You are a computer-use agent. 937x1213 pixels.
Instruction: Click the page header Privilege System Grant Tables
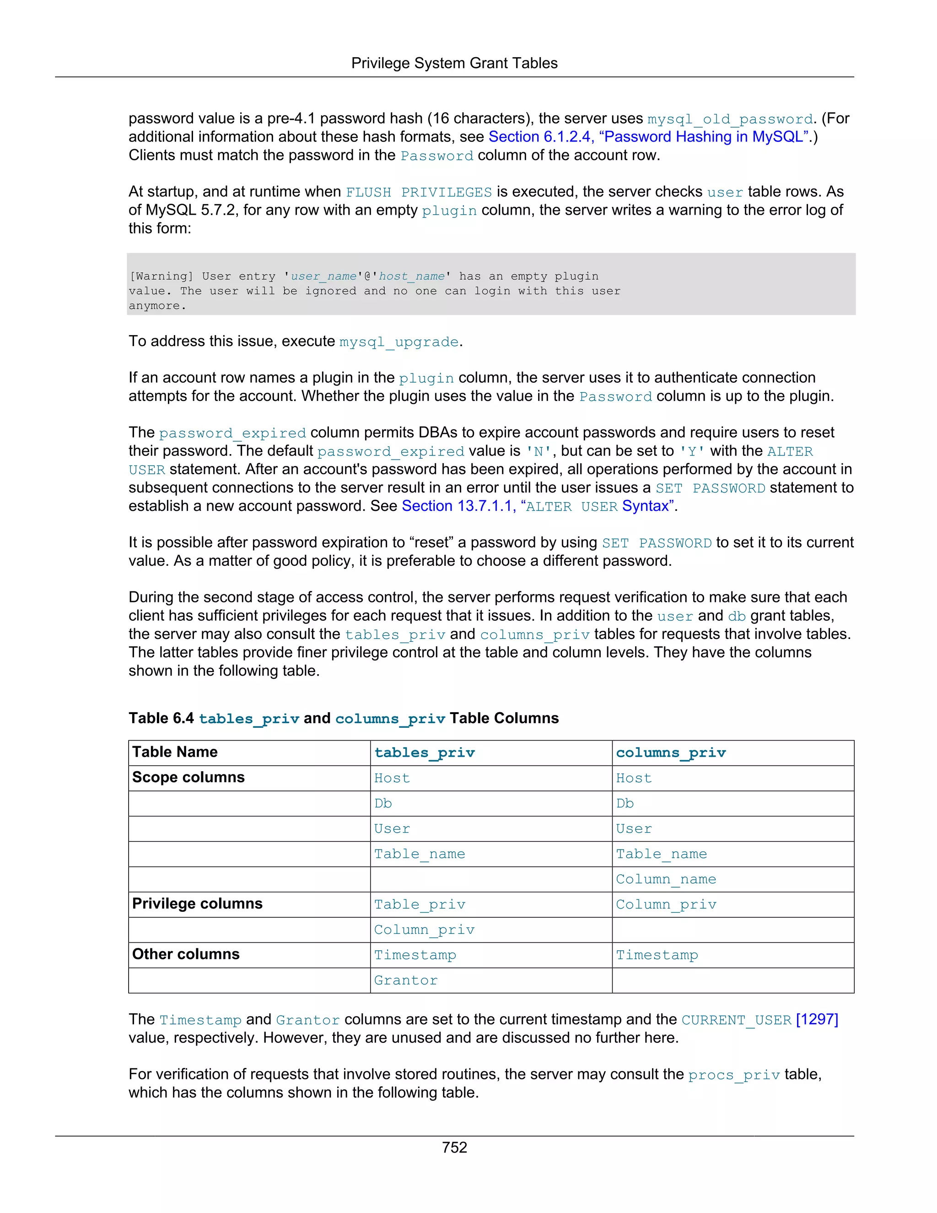454,63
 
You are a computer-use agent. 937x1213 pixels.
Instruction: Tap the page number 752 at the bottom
454,1147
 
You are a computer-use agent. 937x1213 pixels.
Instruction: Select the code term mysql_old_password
729,119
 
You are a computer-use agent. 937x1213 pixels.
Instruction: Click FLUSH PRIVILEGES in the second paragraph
419,192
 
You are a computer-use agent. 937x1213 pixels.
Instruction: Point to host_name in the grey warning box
411,276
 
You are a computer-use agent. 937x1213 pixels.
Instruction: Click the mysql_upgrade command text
398,341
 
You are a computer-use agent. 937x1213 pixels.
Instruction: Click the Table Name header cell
175,752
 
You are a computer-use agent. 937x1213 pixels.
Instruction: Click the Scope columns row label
188,778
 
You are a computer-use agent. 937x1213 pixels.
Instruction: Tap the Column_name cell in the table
666,879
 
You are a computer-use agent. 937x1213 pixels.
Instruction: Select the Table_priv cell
419,904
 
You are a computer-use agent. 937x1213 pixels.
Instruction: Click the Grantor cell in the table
405,980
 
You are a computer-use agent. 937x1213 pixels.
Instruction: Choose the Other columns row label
185,954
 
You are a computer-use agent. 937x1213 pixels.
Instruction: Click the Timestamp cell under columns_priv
657,955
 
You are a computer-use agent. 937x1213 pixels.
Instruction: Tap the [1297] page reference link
817,1020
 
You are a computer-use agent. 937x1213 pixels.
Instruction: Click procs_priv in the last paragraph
733,1075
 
